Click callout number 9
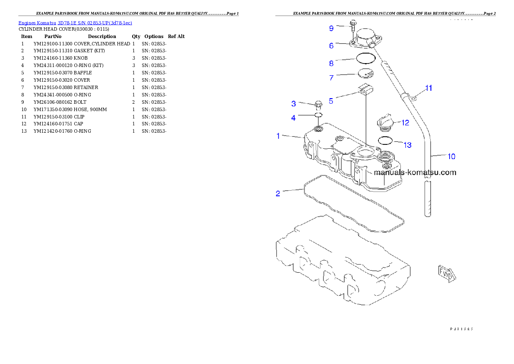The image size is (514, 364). (x=331, y=29)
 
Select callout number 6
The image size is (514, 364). (x=331, y=45)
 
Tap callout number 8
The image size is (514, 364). (x=331, y=63)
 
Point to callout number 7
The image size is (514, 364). (x=331, y=78)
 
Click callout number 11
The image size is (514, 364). (x=428, y=88)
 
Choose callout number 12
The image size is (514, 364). (x=405, y=123)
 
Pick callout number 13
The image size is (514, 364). (x=408, y=145)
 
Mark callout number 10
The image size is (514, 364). (x=451, y=156)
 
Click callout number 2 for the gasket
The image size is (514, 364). (x=278, y=193)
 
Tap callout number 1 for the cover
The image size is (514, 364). (x=279, y=136)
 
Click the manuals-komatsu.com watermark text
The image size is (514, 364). (x=415, y=172)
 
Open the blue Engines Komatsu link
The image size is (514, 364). (x=75, y=22)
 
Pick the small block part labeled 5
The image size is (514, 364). (x=365, y=89)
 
